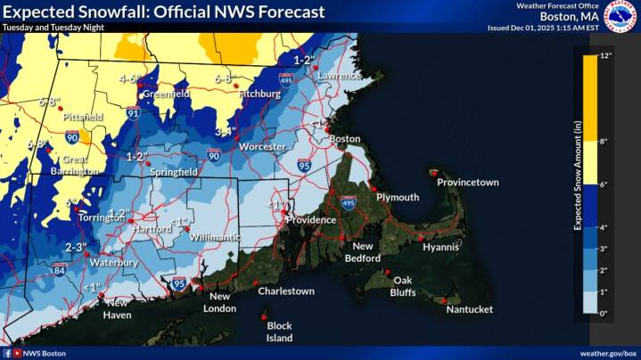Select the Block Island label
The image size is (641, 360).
(x=279, y=331)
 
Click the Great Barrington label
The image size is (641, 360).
(x=73, y=165)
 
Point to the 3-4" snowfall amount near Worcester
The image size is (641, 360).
(x=226, y=132)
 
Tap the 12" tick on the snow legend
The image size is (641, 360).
(x=606, y=56)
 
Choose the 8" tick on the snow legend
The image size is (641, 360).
(x=606, y=141)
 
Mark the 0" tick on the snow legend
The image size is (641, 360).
(x=606, y=313)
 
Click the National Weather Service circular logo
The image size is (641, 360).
(x=620, y=16)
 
